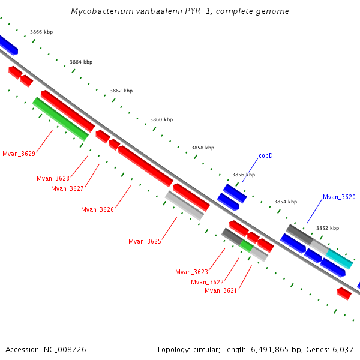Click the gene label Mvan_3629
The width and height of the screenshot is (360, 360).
tap(19, 154)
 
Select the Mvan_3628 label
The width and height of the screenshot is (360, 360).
tap(53, 178)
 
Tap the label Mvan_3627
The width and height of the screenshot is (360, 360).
tap(67, 188)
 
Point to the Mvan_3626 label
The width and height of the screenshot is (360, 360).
tap(97, 209)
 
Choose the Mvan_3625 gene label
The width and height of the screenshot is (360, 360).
tap(145, 241)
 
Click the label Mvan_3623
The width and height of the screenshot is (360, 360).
tap(191, 272)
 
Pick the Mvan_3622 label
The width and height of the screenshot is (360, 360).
tap(207, 282)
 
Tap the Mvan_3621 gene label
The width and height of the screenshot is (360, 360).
tap(221, 290)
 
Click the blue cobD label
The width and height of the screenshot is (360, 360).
tap(266, 155)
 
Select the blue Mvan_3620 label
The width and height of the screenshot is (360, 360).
tap(339, 197)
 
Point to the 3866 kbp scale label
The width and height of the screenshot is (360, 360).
tap(41, 32)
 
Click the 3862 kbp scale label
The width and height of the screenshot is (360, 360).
tap(121, 91)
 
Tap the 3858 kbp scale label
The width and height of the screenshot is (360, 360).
tap(203, 148)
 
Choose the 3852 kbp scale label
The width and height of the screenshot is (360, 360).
tap(328, 228)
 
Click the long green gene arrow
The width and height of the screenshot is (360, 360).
tap(60, 119)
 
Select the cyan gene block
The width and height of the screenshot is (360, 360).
tap(339, 259)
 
